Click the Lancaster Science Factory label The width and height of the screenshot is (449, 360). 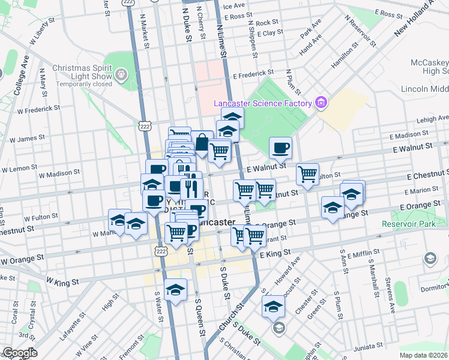[x=263, y=103]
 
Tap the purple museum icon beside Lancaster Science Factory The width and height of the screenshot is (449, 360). [x=321, y=103]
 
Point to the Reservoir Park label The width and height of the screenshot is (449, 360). [x=411, y=224]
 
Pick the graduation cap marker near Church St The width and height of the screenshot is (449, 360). [x=274, y=306]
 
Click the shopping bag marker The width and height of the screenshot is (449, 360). [x=202, y=143]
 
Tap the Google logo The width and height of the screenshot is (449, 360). [x=20, y=353]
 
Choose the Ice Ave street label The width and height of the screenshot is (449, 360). [x=234, y=6]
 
